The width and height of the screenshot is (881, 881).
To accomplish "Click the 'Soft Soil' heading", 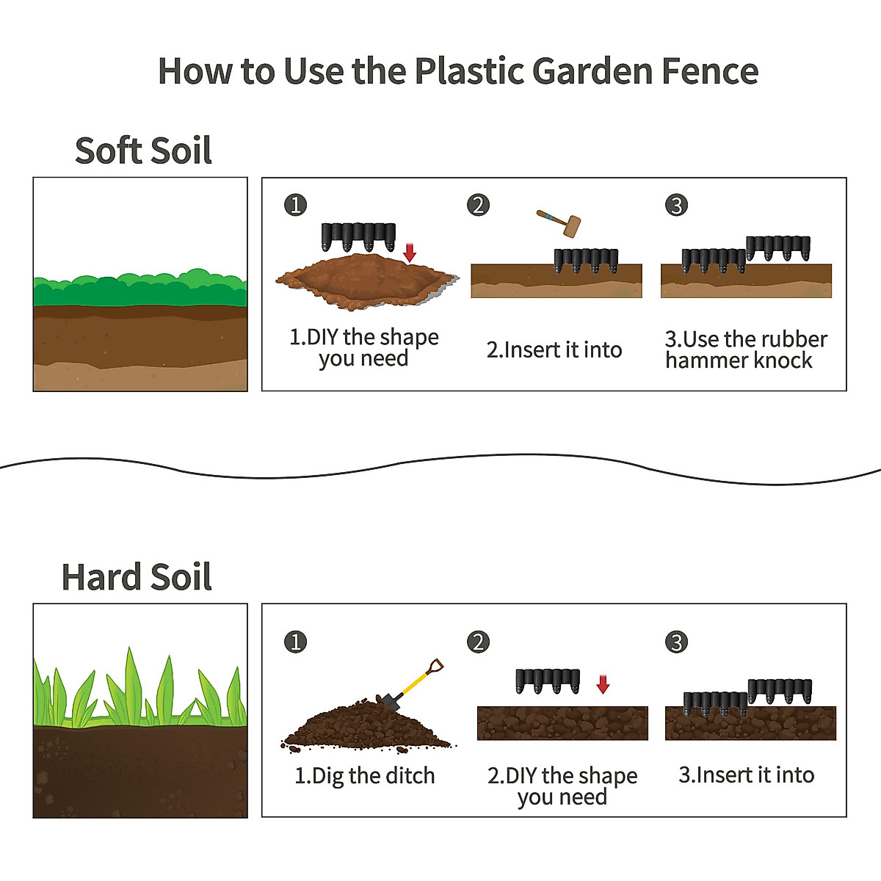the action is click(x=143, y=151).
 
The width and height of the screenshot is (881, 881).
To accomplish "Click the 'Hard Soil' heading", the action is click(x=137, y=577).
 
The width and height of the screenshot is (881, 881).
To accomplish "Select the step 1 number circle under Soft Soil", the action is click(x=295, y=205).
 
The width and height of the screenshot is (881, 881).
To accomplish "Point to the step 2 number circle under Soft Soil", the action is click(x=478, y=205).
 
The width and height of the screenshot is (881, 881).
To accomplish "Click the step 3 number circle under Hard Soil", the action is click(x=676, y=642).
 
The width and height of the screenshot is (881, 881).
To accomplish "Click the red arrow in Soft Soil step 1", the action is click(x=410, y=253).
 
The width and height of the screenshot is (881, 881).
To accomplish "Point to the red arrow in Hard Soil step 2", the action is click(x=603, y=684).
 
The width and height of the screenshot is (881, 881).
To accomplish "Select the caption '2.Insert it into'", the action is click(x=554, y=349).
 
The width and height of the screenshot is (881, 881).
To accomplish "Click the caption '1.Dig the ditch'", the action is click(x=365, y=775).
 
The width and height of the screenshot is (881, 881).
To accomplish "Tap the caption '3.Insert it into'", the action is click(x=747, y=775).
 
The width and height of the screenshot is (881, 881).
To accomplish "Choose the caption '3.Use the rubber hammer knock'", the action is click(x=745, y=349).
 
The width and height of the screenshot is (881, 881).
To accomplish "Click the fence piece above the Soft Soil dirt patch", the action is click(x=358, y=236).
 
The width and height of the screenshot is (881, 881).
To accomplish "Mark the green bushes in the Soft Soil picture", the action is click(x=139, y=288).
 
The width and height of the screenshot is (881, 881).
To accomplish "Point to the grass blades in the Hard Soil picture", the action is click(x=139, y=690).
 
